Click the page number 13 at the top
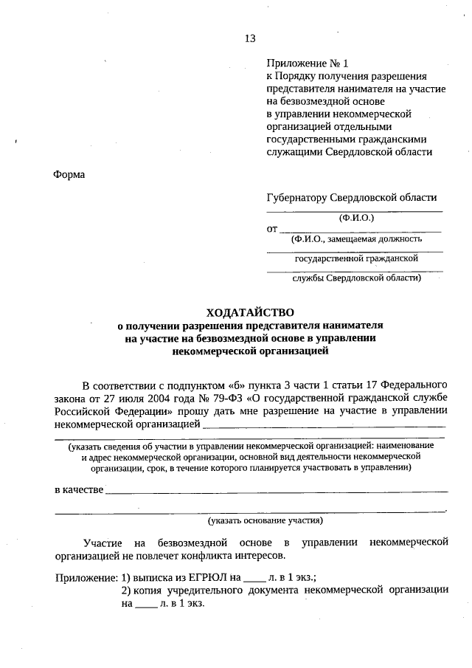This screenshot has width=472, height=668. pyautogui.click(x=250, y=38)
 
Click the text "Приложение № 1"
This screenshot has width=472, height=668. pyautogui.click(x=305, y=63)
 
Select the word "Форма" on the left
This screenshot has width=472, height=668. pyautogui.click(x=69, y=174)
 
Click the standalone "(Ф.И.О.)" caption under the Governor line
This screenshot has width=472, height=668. pyautogui.click(x=357, y=218)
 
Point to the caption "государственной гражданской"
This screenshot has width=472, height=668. pyautogui.click(x=356, y=258)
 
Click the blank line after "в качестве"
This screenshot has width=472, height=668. pyautogui.click(x=277, y=490)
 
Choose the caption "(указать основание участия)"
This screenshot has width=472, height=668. pyautogui.click(x=265, y=520)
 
